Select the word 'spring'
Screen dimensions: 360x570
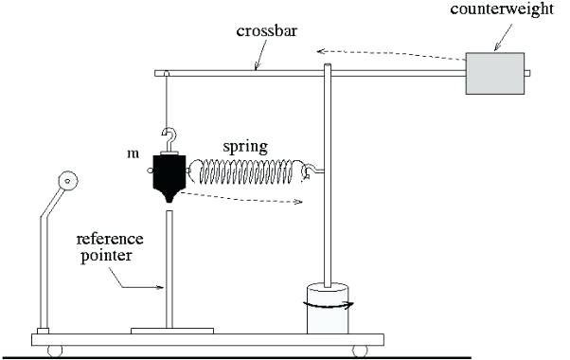[245, 147]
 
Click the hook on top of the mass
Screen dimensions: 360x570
[169, 135]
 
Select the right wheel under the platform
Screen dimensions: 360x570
[360, 350]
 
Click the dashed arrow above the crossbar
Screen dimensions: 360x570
[388, 49]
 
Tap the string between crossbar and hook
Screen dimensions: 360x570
[167, 99]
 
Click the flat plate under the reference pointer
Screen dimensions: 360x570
[170, 331]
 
